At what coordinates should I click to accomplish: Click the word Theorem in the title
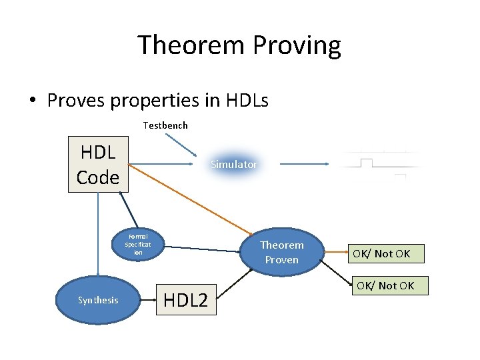[x=192, y=45]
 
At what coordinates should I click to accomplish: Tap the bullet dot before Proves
[x=32, y=101]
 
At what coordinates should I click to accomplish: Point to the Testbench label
[x=165, y=125]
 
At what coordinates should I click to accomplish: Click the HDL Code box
[x=98, y=164]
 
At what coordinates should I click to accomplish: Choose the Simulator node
[x=233, y=164]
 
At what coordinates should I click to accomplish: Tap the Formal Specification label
[x=138, y=244]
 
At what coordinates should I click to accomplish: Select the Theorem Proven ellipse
[x=282, y=252]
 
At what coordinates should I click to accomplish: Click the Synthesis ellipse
[x=97, y=300]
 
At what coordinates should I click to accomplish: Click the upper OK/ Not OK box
[x=382, y=253]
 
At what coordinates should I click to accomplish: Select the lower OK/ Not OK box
[x=385, y=286]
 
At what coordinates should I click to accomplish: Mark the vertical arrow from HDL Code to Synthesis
[x=97, y=233]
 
